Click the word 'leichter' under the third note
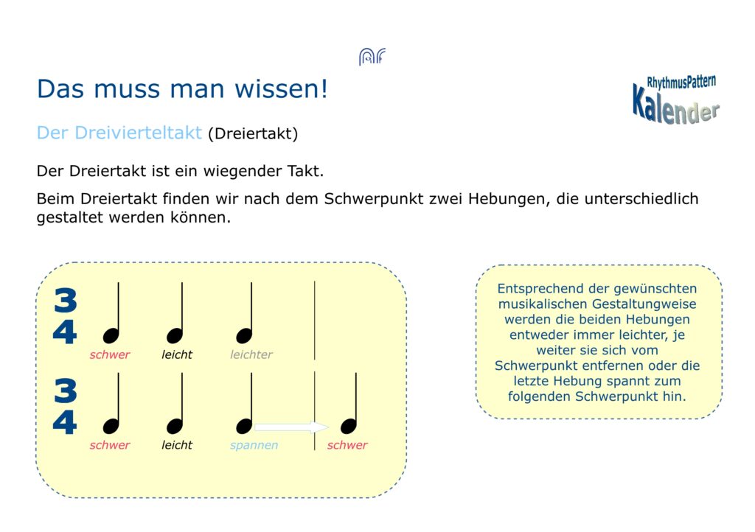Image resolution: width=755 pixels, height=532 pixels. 251,354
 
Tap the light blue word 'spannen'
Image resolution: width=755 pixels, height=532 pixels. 254,445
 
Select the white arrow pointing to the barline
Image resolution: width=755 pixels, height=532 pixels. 290,427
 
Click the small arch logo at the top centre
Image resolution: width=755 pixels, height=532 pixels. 372,57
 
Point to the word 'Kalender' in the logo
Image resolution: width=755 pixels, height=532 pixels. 675,106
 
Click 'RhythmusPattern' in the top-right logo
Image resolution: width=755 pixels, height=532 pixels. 681,82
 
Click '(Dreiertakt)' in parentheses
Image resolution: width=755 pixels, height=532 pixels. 254,133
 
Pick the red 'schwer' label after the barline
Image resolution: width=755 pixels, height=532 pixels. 347,445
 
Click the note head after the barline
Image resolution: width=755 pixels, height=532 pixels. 349,426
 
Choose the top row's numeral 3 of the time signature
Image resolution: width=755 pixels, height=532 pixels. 66,300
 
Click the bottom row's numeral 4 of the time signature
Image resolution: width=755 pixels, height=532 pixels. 65,422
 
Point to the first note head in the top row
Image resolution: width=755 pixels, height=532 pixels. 111,335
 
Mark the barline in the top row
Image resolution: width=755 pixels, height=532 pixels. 314,321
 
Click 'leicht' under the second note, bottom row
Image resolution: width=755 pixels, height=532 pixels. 177,445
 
